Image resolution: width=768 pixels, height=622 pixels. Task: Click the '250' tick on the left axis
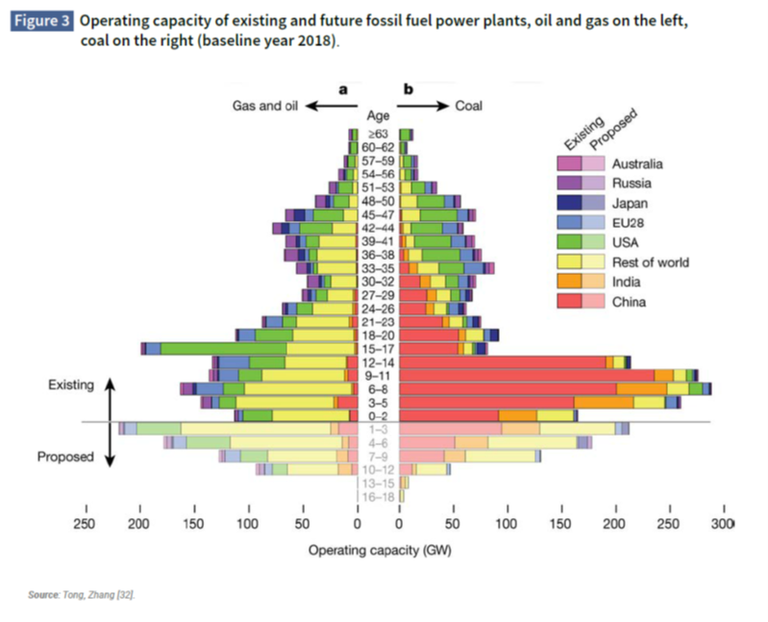[x=85, y=524]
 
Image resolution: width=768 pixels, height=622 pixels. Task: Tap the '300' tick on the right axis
[x=720, y=524]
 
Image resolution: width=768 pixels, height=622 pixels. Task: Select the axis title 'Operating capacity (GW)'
[x=379, y=552]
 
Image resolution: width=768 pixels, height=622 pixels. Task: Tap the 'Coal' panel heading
[x=468, y=106]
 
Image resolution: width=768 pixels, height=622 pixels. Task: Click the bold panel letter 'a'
[x=343, y=89]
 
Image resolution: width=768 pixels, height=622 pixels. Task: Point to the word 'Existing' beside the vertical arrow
[x=71, y=386]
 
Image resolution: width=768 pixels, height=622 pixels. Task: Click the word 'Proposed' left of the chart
[x=65, y=458]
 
